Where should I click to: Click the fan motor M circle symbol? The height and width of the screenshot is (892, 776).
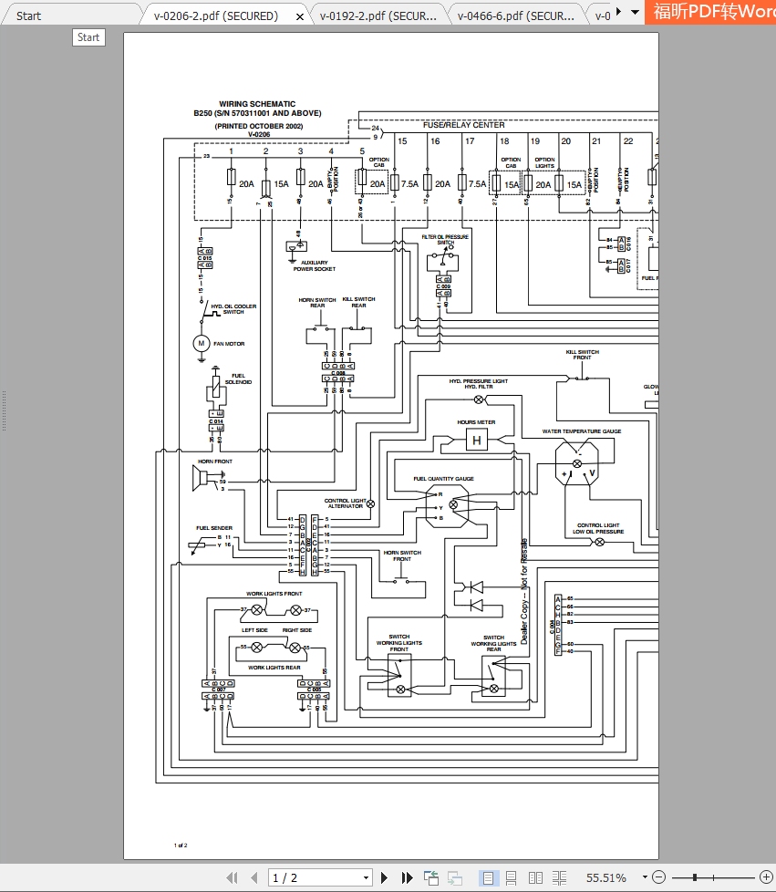pos(202,344)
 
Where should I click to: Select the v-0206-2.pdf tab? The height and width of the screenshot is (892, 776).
pos(215,16)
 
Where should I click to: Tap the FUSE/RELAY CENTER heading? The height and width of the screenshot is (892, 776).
pos(463,125)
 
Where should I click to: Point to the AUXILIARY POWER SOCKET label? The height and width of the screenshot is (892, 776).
pos(314,265)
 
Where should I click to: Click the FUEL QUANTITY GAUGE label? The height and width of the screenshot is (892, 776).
pos(443,479)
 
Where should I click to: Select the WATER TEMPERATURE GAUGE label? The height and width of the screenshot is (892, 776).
pos(582,431)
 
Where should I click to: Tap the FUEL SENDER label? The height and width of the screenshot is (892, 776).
pos(214,528)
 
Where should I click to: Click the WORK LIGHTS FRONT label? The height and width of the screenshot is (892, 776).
pos(274,594)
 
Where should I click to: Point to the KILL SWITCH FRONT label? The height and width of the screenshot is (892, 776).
pos(583,355)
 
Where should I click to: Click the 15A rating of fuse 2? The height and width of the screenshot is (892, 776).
pos(281,183)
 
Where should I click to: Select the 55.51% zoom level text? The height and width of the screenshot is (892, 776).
pos(606,877)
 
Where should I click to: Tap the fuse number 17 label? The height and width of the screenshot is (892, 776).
pos(470,141)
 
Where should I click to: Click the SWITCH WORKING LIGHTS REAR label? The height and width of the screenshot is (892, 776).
pos(493,644)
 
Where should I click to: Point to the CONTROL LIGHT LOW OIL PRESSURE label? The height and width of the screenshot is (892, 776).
pos(598,529)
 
